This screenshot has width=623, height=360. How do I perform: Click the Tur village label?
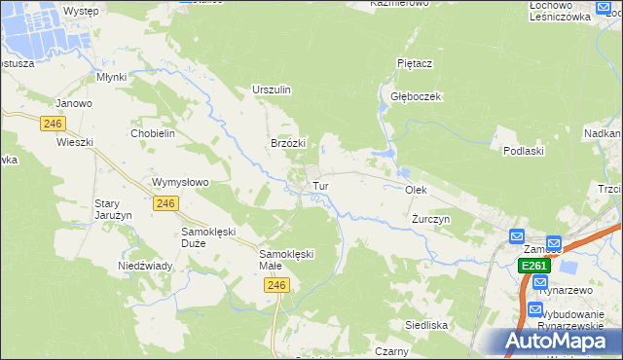click(319, 185)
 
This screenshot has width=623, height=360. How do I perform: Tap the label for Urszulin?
click(272, 90)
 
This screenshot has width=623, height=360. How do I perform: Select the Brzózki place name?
click(288, 143)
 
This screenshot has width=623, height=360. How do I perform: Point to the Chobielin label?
click(151, 133)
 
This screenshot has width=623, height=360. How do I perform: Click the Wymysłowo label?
click(180, 182)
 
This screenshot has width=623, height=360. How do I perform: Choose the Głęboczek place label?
click(418, 96)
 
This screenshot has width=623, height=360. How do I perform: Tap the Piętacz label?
click(415, 62)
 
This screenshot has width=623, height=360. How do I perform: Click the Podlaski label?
click(523, 151)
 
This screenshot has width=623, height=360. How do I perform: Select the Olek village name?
click(416, 191)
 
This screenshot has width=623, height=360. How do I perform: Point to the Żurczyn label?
click(430, 219)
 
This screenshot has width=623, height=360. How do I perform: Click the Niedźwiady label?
click(145, 266)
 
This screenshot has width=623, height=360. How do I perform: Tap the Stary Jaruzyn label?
click(107, 209)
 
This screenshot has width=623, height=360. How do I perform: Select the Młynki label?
click(113, 76)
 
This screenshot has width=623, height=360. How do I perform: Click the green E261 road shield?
click(534, 266)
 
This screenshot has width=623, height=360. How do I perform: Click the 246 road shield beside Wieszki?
click(53, 124)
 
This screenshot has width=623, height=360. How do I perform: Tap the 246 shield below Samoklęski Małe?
click(277, 285)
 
